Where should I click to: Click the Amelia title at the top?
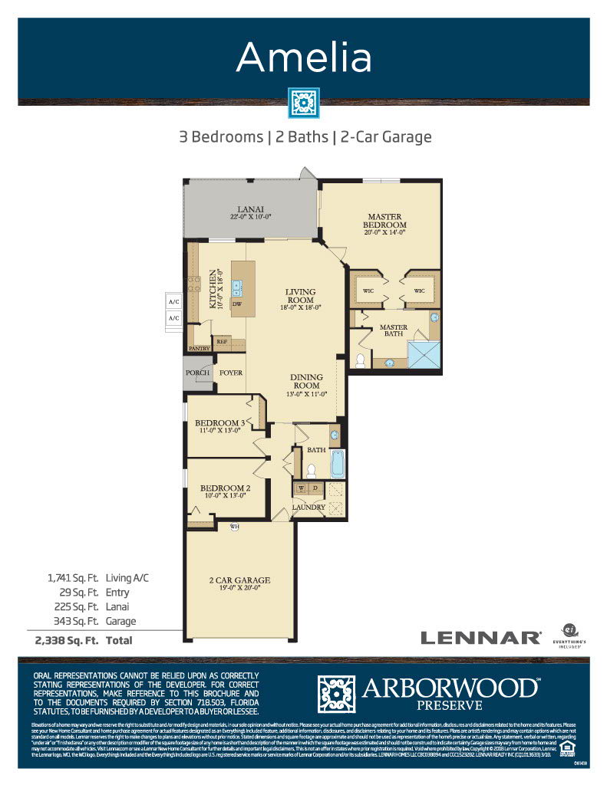coord(304,58)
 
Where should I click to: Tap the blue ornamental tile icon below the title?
coord(304,103)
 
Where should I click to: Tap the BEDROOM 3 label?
coord(219,422)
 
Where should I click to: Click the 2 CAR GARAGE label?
coord(239,580)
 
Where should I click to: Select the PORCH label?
coord(197,373)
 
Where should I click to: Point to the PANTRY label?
coord(200,348)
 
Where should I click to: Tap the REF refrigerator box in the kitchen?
coord(222,342)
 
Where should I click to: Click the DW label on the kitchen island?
coord(237,304)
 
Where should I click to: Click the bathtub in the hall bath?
coord(336,463)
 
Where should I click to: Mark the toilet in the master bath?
coord(361,359)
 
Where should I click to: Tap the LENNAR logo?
coord(480,637)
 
